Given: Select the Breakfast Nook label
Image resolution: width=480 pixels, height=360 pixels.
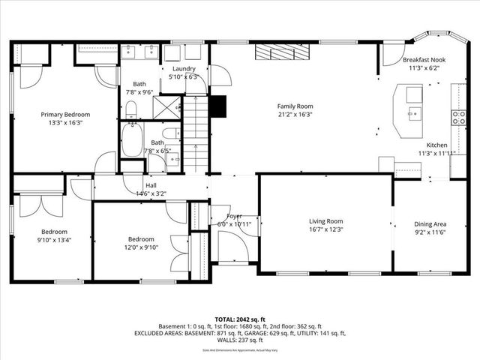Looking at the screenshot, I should pos(424,59).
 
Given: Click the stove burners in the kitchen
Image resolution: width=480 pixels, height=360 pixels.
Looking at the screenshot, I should pos(457,117).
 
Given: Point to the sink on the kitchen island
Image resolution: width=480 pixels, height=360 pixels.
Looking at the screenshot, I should pos(412,115).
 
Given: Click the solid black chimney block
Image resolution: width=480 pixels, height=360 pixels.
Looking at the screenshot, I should pos(217,106).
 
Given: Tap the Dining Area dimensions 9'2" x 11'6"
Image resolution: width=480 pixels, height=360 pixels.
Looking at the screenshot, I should pos(430,233).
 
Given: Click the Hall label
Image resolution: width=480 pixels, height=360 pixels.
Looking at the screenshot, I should pos(151,185).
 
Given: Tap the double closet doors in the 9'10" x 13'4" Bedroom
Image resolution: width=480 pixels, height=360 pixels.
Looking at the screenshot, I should pos(34,205).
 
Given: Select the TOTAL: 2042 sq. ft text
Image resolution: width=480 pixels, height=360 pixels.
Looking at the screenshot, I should pos(239,319).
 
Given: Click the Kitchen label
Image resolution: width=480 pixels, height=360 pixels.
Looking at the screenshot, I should pos(436,145).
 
